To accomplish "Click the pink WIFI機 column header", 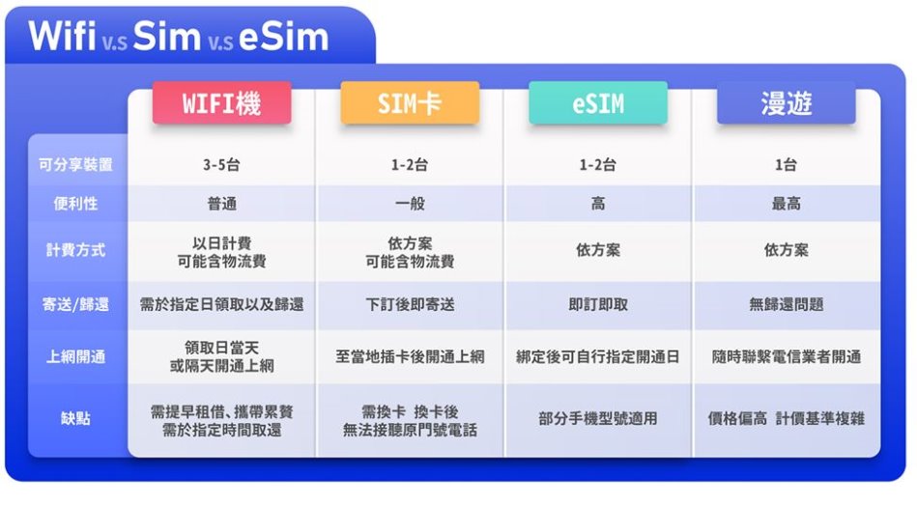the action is pyautogui.click(x=221, y=103).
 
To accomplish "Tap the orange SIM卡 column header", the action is pyautogui.click(x=410, y=103).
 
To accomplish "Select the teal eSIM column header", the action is pyautogui.click(x=598, y=103).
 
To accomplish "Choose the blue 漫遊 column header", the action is pyautogui.click(x=786, y=103).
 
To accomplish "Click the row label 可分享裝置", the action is pyautogui.click(x=75, y=165).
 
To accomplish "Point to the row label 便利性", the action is pyautogui.click(x=75, y=204).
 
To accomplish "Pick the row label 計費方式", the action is pyautogui.click(x=75, y=250).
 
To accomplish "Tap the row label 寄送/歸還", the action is pyautogui.click(x=75, y=304).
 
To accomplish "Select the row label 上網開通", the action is pyautogui.click(x=75, y=356).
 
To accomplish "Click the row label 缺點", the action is pyautogui.click(x=75, y=418).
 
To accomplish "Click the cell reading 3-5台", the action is pyautogui.click(x=221, y=165).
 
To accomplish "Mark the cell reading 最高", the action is pyautogui.click(x=786, y=204).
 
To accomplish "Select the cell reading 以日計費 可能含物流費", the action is pyautogui.click(x=221, y=252).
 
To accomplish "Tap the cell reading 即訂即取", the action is pyautogui.click(x=598, y=304).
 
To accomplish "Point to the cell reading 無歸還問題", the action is pyautogui.click(x=786, y=304).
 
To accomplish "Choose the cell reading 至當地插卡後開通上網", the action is pyautogui.click(x=410, y=356).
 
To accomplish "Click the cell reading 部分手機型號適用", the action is pyautogui.click(x=598, y=418).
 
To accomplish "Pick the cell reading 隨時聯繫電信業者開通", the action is pyautogui.click(x=786, y=356).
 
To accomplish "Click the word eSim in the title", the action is pyautogui.click(x=284, y=37).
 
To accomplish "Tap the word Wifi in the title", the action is pyautogui.click(x=62, y=36).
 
